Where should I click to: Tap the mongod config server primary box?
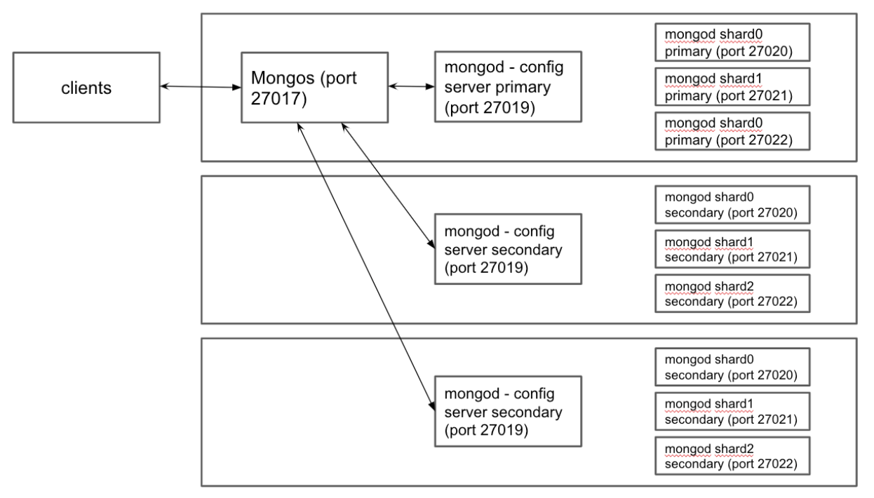[507, 86]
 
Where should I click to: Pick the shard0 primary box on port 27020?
[732, 43]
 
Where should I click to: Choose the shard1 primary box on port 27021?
[732, 87]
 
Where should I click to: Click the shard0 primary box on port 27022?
[732, 131]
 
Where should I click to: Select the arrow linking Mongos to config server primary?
[411, 86]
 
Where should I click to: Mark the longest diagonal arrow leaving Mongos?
[363, 267]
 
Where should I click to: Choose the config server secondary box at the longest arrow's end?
[507, 410]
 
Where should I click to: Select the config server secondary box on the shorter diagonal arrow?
[507, 249]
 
